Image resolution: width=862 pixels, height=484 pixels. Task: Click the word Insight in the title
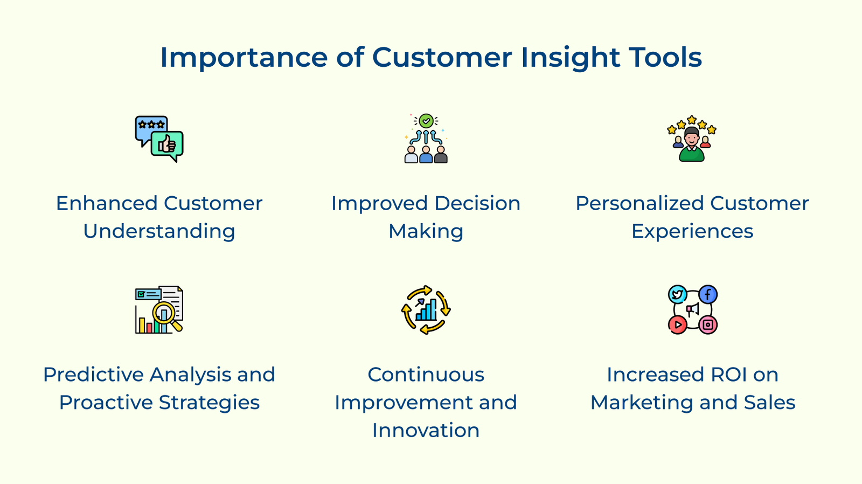(570, 58)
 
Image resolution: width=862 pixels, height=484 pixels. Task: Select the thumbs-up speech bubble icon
(168, 144)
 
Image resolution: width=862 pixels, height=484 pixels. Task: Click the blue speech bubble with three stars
(150, 127)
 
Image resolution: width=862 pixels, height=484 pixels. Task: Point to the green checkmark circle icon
(426, 120)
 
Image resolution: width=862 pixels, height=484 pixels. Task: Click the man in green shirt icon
(692, 144)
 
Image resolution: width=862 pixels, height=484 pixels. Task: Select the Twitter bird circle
(677, 294)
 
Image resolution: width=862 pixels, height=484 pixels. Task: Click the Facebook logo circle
(708, 294)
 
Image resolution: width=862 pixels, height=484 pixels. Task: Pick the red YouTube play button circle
(677, 324)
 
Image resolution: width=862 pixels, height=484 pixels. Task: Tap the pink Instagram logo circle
(708, 324)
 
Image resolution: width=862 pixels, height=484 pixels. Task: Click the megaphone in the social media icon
(692, 309)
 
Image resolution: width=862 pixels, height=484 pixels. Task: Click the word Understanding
(159, 232)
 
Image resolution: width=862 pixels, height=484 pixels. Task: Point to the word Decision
(477, 204)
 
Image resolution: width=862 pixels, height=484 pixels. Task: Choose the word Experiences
(692, 232)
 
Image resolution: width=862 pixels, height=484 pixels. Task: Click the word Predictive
(93, 375)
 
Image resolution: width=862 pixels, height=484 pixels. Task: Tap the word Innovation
(426, 431)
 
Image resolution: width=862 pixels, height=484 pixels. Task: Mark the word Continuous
(426, 375)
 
